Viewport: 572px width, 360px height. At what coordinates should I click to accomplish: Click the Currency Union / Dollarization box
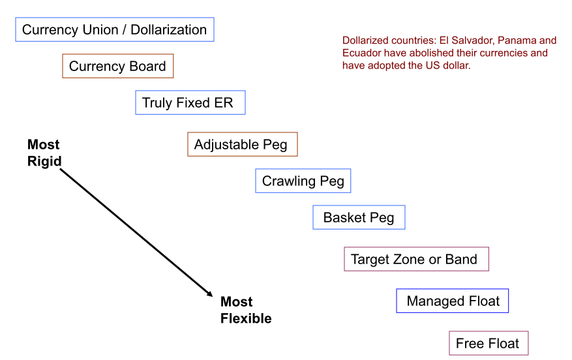[x=115, y=29]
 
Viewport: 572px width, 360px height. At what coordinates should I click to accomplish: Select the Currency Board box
[x=117, y=66]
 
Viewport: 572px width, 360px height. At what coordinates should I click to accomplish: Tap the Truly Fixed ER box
[x=190, y=103]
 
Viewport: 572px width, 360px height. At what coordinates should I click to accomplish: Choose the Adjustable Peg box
[x=242, y=144]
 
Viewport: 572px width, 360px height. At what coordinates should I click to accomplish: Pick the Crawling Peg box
[x=303, y=181]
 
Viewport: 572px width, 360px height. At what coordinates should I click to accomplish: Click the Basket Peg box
[x=359, y=217]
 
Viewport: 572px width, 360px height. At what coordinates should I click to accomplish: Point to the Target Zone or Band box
[x=416, y=259]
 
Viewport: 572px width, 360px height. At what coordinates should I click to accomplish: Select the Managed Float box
[x=452, y=301]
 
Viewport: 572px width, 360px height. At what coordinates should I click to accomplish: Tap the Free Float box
[x=488, y=343]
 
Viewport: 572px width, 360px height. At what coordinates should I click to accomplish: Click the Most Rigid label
[x=44, y=153]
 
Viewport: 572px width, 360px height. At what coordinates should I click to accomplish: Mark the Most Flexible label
[x=245, y=310]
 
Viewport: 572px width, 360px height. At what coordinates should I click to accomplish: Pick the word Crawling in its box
[x=288, y=181]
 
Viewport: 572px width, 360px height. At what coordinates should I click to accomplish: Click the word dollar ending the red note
[x=454, y=65]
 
